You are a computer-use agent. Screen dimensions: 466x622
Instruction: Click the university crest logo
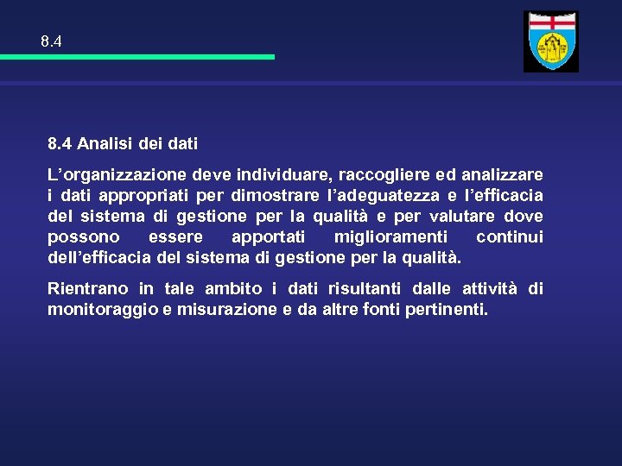coord(551,42)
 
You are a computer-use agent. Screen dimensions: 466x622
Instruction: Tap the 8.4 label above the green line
coord(51,41)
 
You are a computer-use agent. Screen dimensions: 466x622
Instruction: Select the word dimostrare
coord(276,195)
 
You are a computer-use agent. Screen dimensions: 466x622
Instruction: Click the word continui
coord(510,236)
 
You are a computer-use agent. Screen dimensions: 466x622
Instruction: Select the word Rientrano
coord(87,288)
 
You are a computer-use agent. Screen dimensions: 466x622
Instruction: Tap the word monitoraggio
coord(102,309)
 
